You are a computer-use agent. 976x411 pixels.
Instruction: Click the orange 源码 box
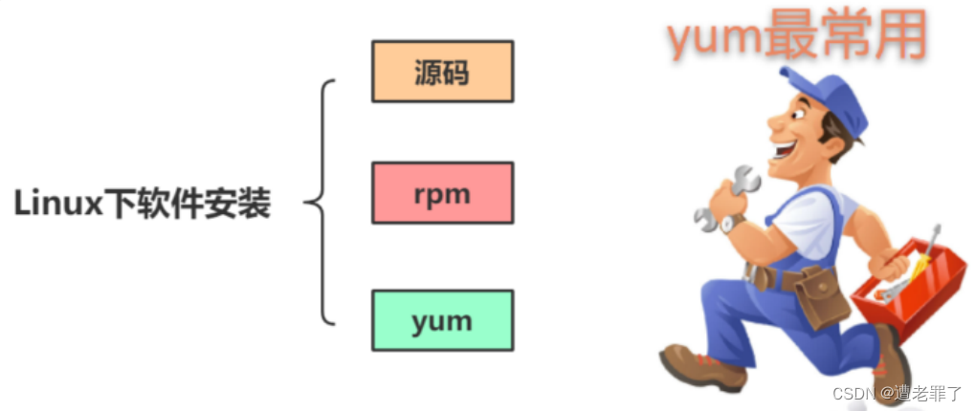point(442,71)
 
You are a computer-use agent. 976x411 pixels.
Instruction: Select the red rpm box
point(442,193)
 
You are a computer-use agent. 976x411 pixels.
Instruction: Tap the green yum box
point(442,320)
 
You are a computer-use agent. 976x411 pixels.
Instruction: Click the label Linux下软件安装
point(143,204)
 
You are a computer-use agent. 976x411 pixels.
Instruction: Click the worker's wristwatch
point(733,222)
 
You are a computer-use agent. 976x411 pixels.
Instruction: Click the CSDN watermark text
point(854,393)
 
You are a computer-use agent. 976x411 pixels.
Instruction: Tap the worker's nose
point(772,125)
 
